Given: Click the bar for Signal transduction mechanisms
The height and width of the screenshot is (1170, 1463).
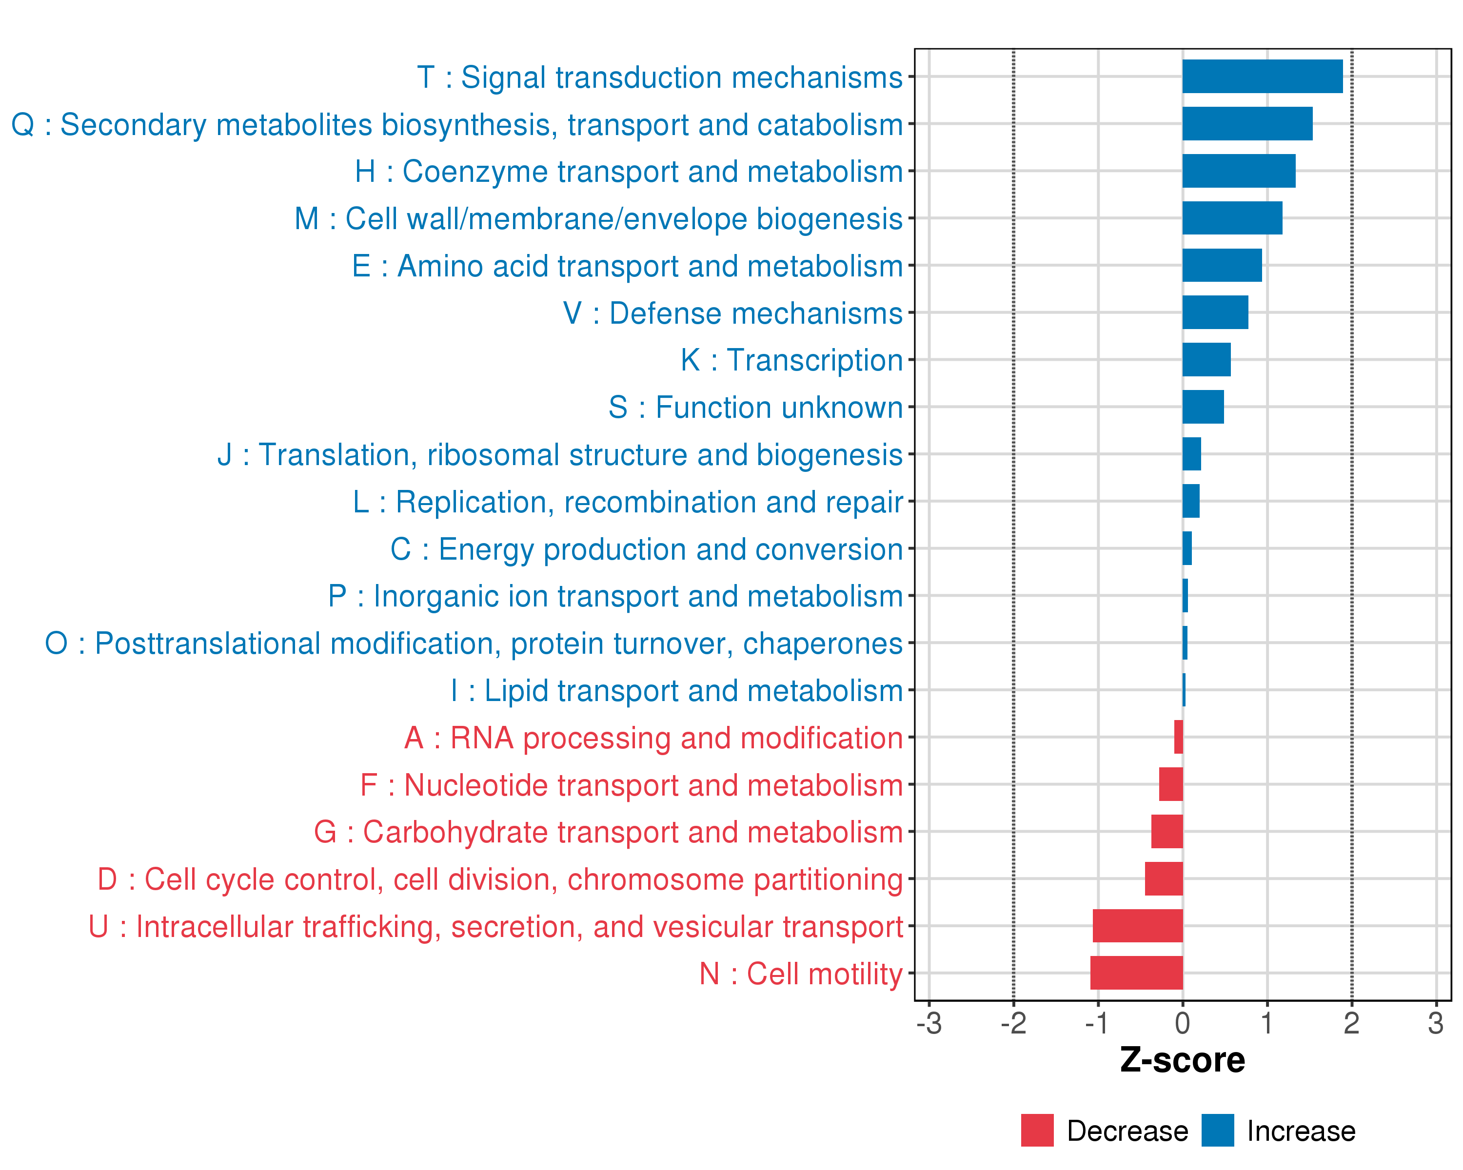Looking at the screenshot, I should pyautogui.click(x=1262, y=77).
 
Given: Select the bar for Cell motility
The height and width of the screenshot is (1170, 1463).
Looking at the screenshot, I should pyautogui.click(x=1137, y=973).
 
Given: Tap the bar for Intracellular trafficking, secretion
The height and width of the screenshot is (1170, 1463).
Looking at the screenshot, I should pyautogui.click(x=1138, y=926).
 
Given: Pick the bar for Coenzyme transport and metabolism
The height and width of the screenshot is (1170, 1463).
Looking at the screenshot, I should pyautogui.click(x=1238, y=171).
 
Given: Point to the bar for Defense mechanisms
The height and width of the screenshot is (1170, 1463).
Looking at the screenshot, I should pyautogui.click(x=1215, y=312).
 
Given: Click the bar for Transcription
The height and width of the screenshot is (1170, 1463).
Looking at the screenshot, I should pyautogui.click(x=1206, y=359).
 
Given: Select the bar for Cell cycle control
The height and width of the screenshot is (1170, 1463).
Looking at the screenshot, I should pyautogui.click(x=1164, y=878).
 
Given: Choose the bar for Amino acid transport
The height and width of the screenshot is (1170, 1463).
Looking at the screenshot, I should pyautogui.click(x=1222, y=265).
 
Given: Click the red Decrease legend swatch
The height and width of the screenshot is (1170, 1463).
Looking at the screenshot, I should pyautogui.click(x=1037, y=1131).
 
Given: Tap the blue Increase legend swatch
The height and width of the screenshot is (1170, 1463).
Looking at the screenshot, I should pyautogui.click(x=1217, y=1131).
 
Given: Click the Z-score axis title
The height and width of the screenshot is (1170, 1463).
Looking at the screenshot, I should pyautogui.click(x=1182, y=1060).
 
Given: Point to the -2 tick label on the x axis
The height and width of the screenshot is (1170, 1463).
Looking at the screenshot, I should pyautogui.click(x=1013, y=1023).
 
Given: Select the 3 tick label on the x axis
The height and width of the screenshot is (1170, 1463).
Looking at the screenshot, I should pyautogui.click(x=1435, y=1023).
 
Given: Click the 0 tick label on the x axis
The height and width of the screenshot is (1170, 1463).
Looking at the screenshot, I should pyautogui.click(x=1182, y=1023).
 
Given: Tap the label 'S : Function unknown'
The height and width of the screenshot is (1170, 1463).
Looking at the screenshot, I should pyautogui.click(x=755, y=408).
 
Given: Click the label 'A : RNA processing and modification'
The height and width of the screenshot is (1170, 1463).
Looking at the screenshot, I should pyautogui.click(x=653, y=738).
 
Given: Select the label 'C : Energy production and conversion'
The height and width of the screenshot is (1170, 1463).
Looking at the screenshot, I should pyautogui.click(x=646, y=549).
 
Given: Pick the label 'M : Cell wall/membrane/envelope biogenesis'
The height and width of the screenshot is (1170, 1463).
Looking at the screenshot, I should pyautogui.click(x=598, y=219).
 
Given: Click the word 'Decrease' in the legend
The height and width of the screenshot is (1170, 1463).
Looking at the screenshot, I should pyautogui.click(x=1127, y=1131).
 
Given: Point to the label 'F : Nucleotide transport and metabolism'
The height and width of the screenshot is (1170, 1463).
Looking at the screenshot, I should pyautogui.click(x=631, y=785).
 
